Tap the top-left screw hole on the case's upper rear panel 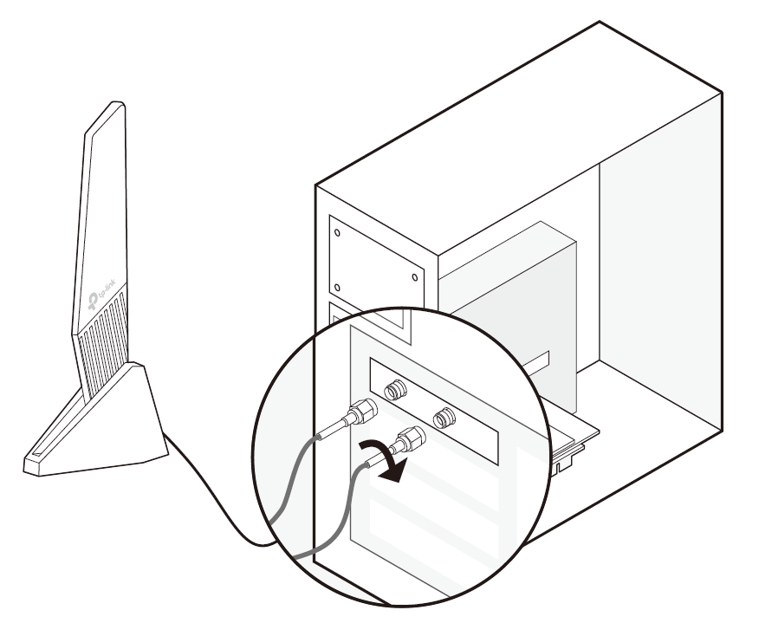337,232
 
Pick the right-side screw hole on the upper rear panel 414,277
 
